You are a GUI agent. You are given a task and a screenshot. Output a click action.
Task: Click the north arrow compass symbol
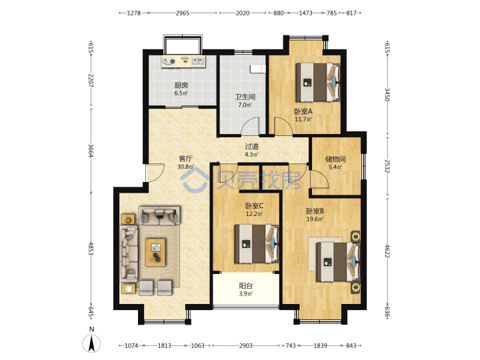(x=91, y=343)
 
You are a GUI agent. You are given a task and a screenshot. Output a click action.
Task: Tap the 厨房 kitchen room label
(x=181, y=85)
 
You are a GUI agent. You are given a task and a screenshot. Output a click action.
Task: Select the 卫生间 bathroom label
(x=245, y=97)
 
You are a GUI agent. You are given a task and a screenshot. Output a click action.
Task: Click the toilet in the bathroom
(x=258, y=69)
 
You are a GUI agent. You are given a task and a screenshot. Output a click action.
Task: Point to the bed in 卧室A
(x=318, y=82)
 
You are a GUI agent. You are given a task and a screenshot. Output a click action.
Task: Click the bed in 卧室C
(x=257, y=244)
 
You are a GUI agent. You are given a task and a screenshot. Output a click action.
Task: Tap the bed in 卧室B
(x=337, y=262)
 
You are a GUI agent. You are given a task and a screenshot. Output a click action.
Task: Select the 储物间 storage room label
(x=335, y=159)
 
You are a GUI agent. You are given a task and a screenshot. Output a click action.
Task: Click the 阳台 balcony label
(x=246, y=286)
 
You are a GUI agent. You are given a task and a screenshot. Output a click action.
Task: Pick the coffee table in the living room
(x=155, y=253)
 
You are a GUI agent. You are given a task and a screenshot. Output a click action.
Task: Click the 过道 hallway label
(x=251, y=147)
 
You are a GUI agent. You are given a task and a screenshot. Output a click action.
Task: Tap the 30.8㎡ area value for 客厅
(x=185, y=167)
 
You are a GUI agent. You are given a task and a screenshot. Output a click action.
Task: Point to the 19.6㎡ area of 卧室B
(x=315, y=219)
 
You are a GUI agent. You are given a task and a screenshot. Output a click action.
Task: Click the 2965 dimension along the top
(x=183, y=13)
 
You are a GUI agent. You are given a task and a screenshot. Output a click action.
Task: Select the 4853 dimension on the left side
(x=91, y=248)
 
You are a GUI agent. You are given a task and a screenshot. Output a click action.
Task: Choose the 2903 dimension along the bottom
(x=246, y=345)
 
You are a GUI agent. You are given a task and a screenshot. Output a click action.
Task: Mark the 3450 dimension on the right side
(x=387, y=95)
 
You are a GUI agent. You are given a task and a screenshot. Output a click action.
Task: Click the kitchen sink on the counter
(x=198, y=61)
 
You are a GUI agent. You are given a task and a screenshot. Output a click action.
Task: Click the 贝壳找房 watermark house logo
(x=195, y=180)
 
